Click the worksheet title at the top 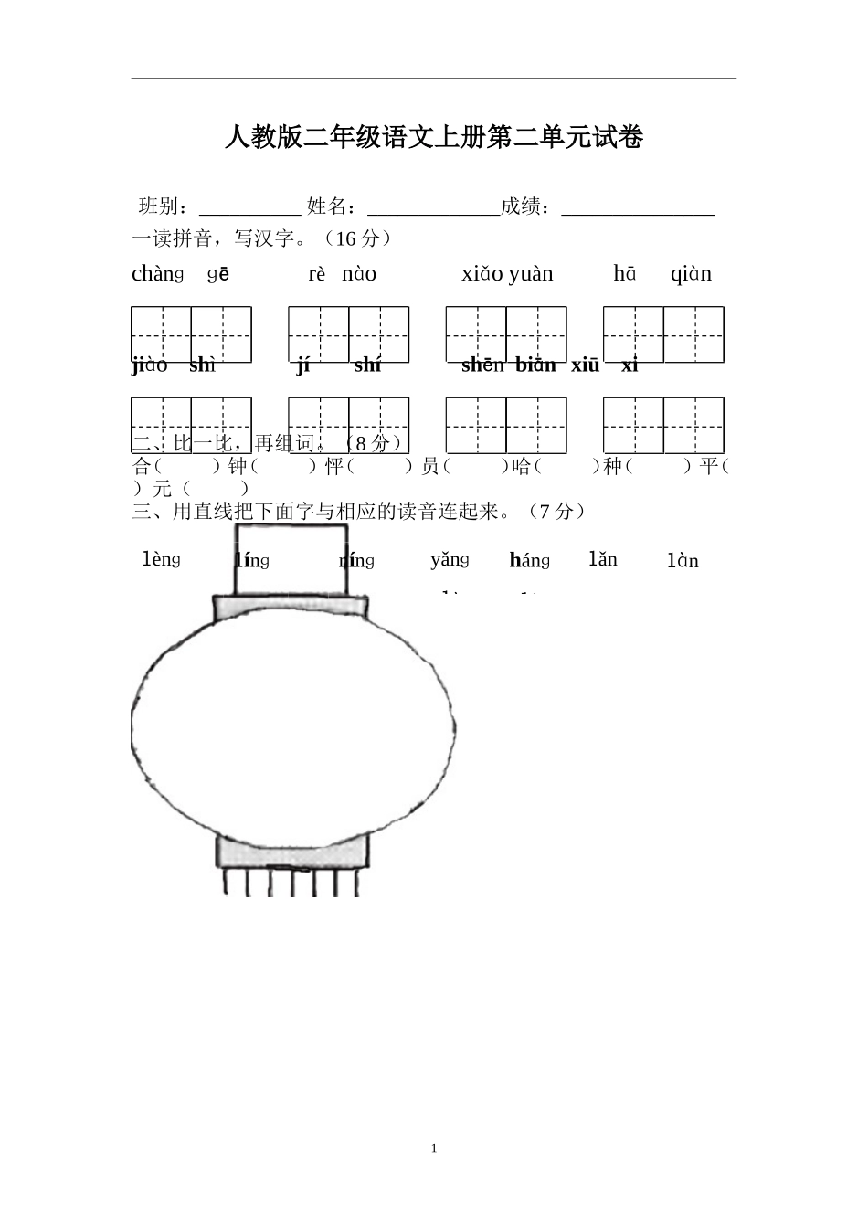tap(434, 138)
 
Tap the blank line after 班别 tap(249, 206)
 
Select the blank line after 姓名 tap(433, 206)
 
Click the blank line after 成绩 tap(637, 206)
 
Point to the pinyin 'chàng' tap(158, 273)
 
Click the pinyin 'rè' tap(317, 274)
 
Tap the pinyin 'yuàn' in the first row tap(531, 274)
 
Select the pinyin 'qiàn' tap(691, 274)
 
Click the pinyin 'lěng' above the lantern tap(162, 559)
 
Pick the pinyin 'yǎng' tap(450, 559)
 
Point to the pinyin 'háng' tap(530, 561)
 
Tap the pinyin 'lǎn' tap(603, 559)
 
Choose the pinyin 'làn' tap(683, 561)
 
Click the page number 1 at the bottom tap(434, 1149)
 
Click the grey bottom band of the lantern tap(293, 852)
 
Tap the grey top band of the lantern tap(291, 609)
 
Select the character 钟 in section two tap(238, 466)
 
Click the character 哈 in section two tap(522, 466)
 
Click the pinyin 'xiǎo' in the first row tap(482, 274)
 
